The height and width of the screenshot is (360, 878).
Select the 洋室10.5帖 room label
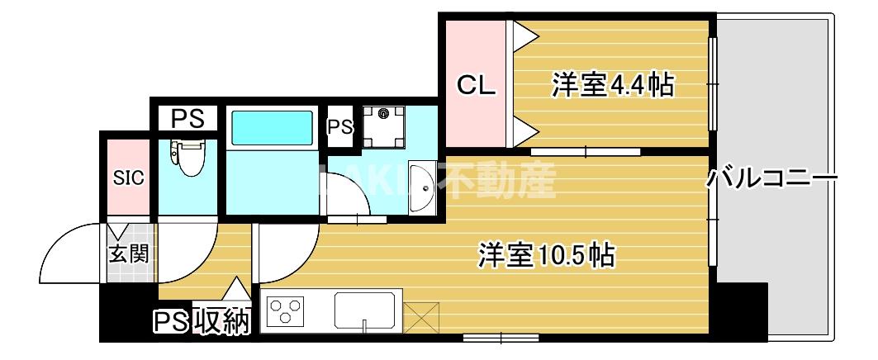[x=546, y=255]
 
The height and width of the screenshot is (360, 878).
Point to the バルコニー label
[x=771, y=178]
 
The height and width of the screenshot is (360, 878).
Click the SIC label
[x=128, y=178]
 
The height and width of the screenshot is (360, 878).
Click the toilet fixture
[x=189, y=158]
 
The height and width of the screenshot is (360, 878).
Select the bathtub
[x=272, y=128]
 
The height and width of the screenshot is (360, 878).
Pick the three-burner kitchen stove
[x=289, y=312]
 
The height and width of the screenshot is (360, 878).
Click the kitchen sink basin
[x=368, y=311]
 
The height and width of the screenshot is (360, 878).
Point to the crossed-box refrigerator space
[x=421, y=318]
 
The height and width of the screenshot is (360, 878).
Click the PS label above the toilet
[x=187, y=119]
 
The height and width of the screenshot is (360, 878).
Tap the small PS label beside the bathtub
[x=340, y=127]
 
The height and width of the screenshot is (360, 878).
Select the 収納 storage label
[x=223, y=322]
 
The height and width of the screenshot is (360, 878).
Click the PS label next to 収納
[x=172, y=322]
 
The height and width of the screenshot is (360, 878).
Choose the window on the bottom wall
[x=501, y=337]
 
